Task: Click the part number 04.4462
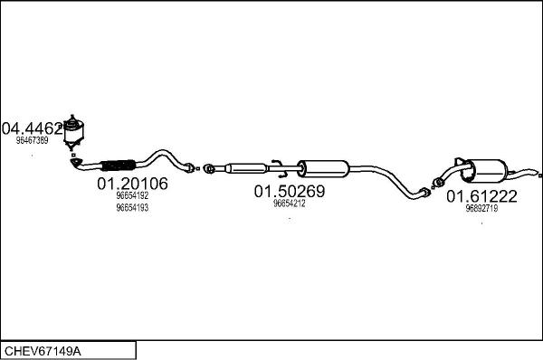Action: (33, 128)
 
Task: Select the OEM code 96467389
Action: (32, 140)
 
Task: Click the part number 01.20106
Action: (132, 184)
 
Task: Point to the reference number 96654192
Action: (132, 195)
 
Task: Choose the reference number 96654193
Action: (132, 207)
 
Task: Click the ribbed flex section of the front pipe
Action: (118, 165)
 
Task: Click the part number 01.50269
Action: (289, 192)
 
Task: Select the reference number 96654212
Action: (289, 204)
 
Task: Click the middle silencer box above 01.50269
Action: (324, 168)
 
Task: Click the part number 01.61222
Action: (481, 196)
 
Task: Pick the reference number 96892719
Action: (481, 208)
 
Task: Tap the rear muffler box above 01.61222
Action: (488, 171)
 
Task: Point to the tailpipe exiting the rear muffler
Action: (527, 171)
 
